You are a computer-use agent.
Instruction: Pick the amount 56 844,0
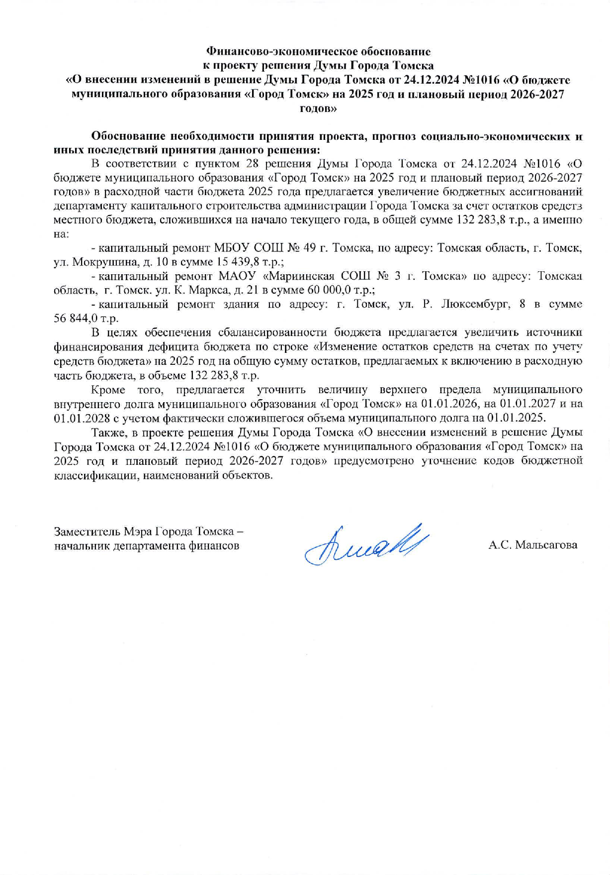pyautogui.click(x=73, y=319)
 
